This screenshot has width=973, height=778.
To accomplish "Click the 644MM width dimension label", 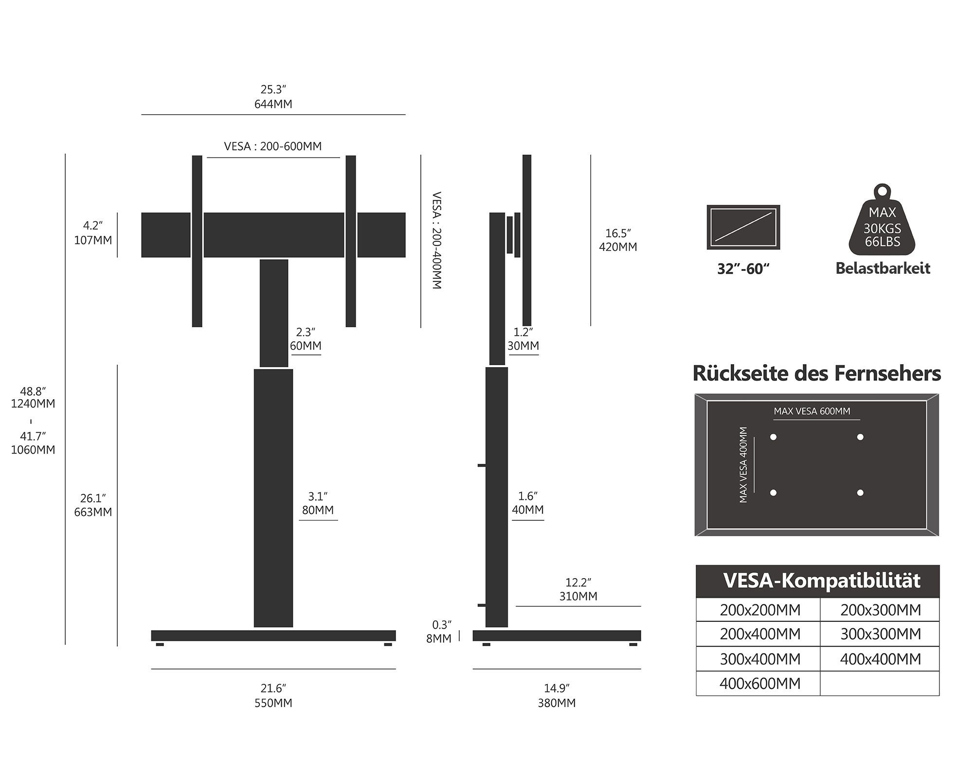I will point(273,104).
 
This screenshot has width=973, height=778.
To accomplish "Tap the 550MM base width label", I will point(273,703).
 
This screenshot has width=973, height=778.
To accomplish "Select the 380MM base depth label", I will point(557,703).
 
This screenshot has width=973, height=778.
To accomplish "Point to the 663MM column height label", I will point(93,512).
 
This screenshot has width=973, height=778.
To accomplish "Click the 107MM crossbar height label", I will point(93,240).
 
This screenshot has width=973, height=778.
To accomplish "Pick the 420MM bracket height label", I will point(618,247).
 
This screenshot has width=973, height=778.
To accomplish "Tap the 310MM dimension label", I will point(578,596).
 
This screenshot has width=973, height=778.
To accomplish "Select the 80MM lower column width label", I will point(318,510).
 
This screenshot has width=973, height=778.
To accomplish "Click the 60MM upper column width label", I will point(306,346).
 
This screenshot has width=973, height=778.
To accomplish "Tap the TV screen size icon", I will point(743,228).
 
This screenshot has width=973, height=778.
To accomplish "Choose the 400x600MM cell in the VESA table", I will point(759,684).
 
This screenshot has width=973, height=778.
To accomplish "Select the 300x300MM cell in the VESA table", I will point(880,634).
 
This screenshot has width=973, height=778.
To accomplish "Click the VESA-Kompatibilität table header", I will point(821,581).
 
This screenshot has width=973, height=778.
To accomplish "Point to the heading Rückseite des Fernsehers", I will point(816,373).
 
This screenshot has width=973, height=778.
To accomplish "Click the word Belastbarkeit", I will point(883,268).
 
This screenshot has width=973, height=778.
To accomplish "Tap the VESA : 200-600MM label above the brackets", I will point(272,146).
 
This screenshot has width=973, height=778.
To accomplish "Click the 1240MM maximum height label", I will point(33,404).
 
